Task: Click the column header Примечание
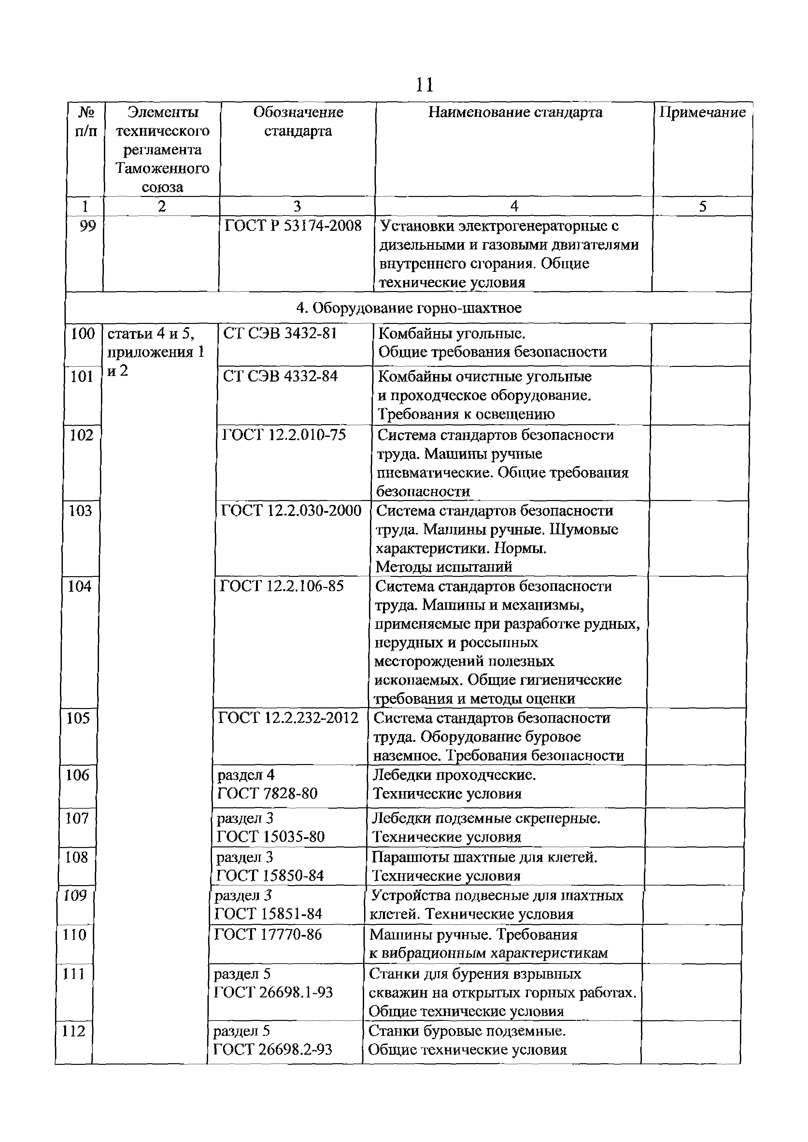(702, 112)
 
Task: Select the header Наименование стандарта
(515, 112)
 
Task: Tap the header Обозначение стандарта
(298, 121)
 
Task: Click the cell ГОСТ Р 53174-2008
(293, 226)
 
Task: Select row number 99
(88, 226)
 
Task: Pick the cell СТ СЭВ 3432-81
(280, 333)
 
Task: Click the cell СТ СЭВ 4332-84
(280, 377)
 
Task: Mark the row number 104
(79, 586)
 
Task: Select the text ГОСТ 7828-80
(267, 793)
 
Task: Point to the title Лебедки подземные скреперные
(486, 818)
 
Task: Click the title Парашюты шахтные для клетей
(484, 857)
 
